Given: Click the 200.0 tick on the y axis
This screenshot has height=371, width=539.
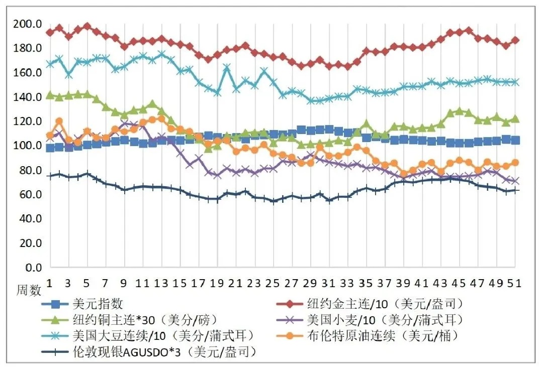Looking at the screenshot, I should (x=27, y=24).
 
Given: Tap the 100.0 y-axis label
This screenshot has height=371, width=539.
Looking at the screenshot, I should (x=27, y=146).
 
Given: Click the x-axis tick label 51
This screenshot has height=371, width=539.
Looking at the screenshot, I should (x=514, y=283).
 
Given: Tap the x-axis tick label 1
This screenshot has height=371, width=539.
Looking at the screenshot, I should (x=50, y=283).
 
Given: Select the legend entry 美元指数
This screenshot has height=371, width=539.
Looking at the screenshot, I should (x=99, y=304).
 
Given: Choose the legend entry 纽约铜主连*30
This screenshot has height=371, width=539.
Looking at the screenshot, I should (x=134, y=320).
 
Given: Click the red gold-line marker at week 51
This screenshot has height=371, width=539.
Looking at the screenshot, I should (x=515, y=40).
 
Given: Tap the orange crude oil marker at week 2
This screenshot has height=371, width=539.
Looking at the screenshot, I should (x=59, y=121).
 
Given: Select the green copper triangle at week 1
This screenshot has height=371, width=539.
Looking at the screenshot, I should (x=50, y=95).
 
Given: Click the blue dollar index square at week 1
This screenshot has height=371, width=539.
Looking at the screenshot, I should (x=50, y=148).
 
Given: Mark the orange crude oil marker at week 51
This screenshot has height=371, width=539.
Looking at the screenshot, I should (x=515, y=163).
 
